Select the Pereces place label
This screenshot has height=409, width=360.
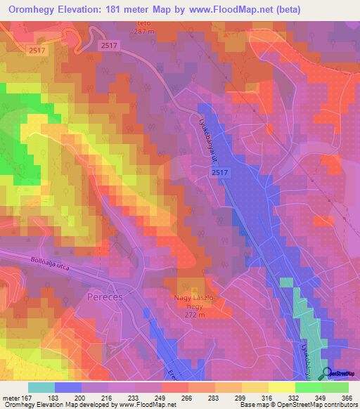(105, 297)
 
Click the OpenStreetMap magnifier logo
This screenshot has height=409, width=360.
(328, 374)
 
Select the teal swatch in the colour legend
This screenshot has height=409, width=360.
(41, 387)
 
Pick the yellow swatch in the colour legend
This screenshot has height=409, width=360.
(282, 387)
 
